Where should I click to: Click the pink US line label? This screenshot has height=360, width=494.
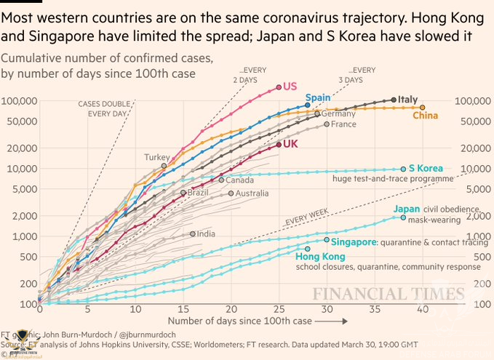tap(290, 87)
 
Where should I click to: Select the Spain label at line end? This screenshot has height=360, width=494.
tap(317, 97)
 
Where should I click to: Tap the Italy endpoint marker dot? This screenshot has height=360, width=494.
tap(394, 100)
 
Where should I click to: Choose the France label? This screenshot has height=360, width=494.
tap(344, 124)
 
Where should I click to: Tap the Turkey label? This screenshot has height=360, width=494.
tap(156, 157)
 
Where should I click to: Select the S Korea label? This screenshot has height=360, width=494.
tap(426, 169)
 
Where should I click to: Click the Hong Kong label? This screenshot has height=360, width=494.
tap(318, 256)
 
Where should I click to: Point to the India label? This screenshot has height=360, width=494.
tap(206, 233)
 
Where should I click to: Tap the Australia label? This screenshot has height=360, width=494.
tap(252, 193)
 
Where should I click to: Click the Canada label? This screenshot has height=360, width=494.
tap(239, 180)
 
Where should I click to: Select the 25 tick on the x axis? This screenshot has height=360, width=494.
tap(279, 308)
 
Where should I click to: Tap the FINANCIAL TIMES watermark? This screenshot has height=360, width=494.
tap(389, 295)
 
